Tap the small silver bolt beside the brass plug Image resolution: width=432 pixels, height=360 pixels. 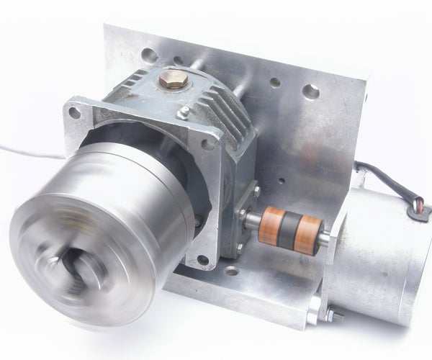tap(184, 112)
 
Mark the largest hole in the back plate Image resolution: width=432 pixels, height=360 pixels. tap(311, 91)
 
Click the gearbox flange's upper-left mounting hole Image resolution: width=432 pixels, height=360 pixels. tap(74, 113)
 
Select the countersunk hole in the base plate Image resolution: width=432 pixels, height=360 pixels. tap(231, 271)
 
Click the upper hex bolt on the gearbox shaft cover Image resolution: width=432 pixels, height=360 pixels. tap(253, 192)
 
